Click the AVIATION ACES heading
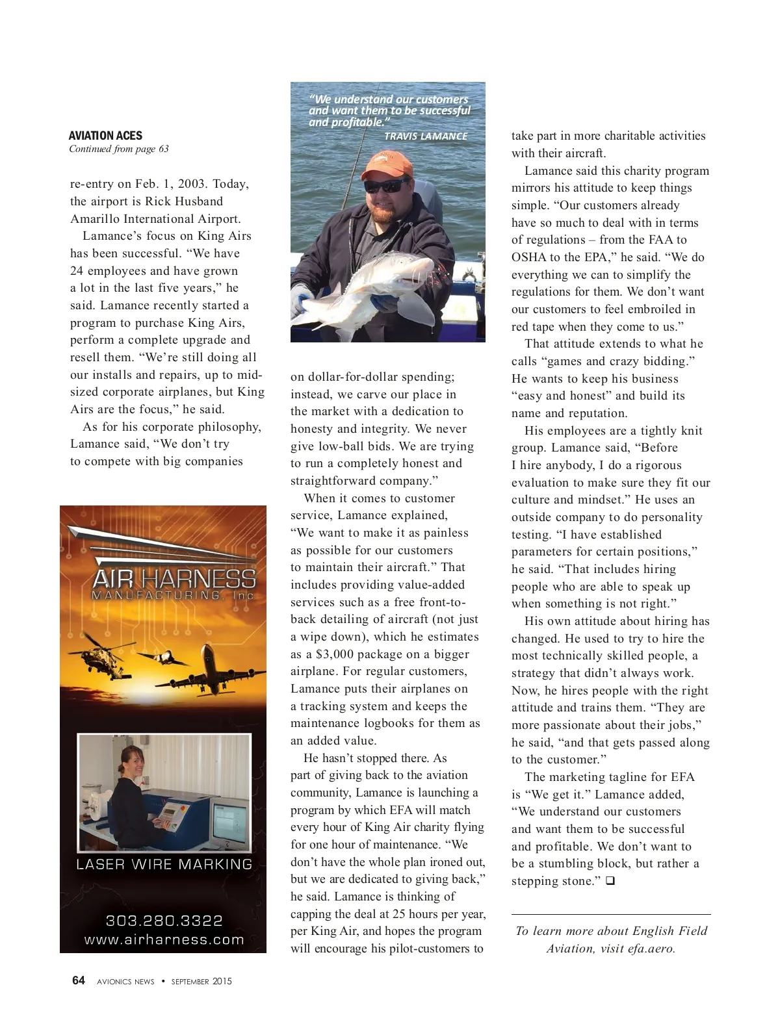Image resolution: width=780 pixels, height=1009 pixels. pos(105,136)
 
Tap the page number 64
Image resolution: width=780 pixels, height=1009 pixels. pos(78,980)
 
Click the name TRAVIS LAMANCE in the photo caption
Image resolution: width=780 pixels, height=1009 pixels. pos(426,136)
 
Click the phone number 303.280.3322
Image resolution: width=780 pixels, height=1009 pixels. pos(164,921)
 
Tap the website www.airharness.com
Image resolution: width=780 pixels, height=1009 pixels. pos(164,939)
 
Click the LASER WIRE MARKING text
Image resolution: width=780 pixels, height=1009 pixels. pos(164,865)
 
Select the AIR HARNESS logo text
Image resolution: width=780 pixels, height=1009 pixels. pos(174,578)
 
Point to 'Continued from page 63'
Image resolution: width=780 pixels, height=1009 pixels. pos(119,149)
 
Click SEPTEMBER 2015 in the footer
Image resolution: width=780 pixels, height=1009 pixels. pos(201,981)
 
